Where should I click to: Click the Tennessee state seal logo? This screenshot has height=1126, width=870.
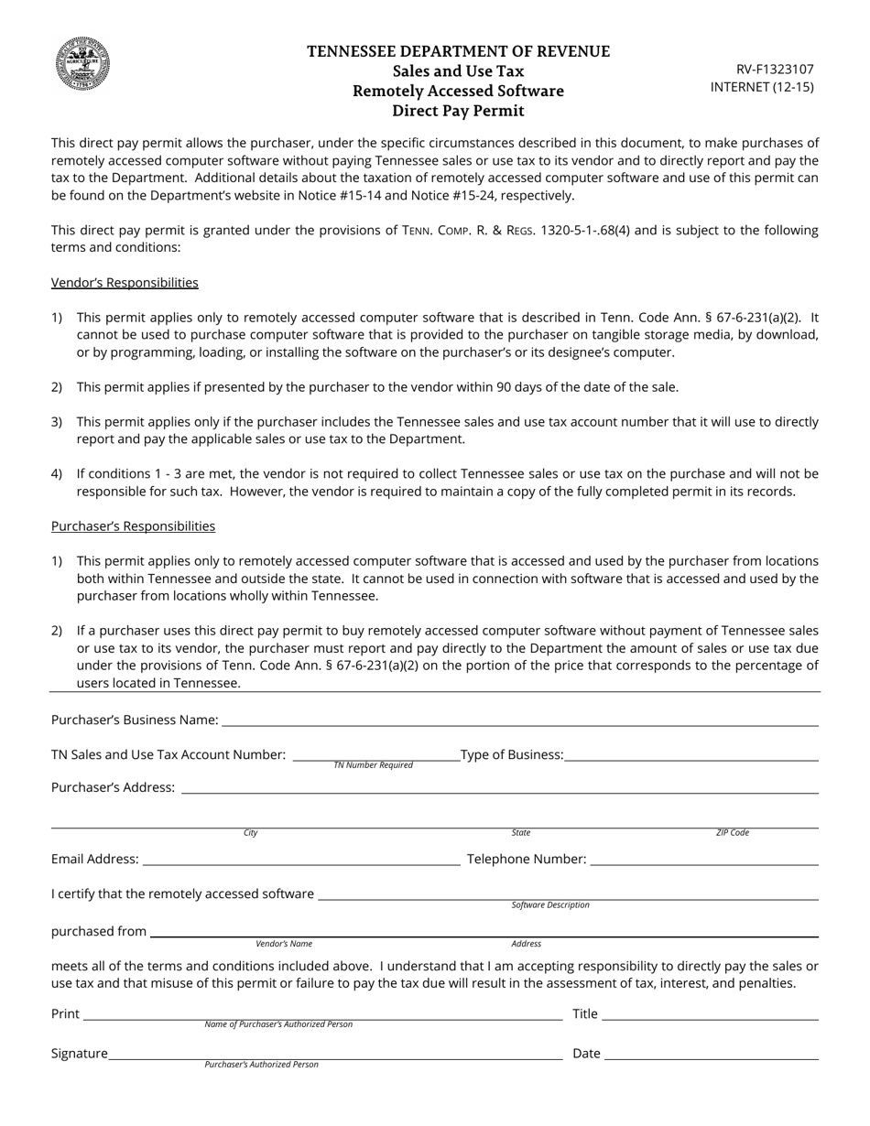coord(83,63)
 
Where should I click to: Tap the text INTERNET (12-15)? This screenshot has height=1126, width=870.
coord(762,87)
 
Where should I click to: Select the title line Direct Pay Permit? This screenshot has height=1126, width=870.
coord(458,111)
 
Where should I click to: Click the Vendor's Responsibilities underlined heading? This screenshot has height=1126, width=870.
coord(125,282)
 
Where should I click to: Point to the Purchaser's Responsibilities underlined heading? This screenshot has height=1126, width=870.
coord(133,525)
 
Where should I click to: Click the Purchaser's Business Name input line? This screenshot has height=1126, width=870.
coord(519,720)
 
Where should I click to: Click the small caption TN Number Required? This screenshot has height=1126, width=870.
coord(373,765)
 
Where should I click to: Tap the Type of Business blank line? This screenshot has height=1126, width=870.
coord(691,755)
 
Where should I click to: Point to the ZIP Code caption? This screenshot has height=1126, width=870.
coord(733,833)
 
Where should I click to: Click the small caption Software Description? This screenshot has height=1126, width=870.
coord(550,905)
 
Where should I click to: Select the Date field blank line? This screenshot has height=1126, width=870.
coord(711,1055)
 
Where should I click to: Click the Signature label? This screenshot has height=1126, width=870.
coord(80,1054)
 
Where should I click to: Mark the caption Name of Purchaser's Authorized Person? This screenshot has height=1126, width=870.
coord(278,1024)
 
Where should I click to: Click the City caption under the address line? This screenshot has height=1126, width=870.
coord(251,833)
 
